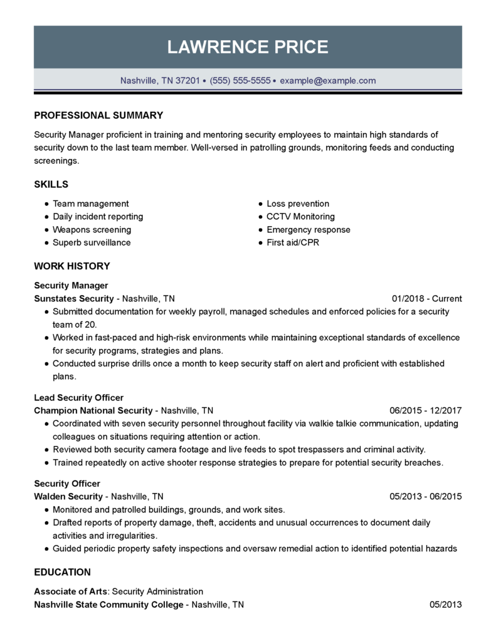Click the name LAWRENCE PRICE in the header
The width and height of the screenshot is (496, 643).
coord(248,47)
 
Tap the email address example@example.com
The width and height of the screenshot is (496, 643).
coord(327,80)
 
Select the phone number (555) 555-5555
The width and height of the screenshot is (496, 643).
coord(240,80)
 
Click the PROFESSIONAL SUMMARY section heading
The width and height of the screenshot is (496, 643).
coord(98,116)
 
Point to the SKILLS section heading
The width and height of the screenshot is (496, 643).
coord(51,185)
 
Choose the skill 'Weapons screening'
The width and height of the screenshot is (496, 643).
coord(92,230)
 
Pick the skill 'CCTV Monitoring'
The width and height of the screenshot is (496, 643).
coord(300,217)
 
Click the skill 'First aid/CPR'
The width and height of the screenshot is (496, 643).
coord(293,242)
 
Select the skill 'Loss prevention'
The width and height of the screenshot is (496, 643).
coord(298,203)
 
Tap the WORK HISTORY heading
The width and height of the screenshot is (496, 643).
coord(71,266)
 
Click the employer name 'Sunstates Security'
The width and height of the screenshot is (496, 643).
coord(74,299)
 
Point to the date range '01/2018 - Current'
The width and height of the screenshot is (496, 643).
coord(426,299)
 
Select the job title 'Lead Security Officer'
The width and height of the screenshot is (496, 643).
coord(78,397)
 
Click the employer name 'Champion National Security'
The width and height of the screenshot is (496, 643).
coord(93,411)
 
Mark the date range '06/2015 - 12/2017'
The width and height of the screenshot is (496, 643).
coord(425,411)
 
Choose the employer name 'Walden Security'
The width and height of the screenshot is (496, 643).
coord(68,496)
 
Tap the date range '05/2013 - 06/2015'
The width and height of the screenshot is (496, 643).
coord(425,496)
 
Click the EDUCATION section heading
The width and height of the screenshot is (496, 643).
coord(62,572)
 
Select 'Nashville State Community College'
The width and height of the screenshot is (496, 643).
coord(108,605)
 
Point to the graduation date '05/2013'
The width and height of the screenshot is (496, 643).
coord(445,605)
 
